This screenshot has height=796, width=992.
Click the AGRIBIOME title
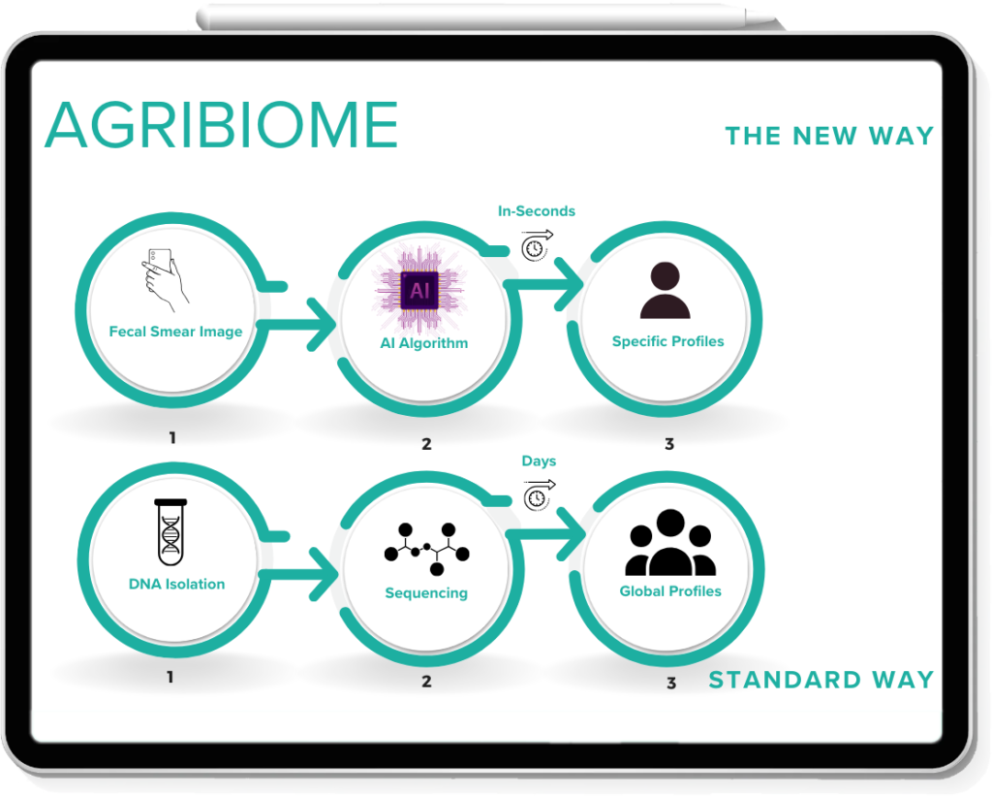(221, 124)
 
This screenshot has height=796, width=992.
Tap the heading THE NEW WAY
(828, 135)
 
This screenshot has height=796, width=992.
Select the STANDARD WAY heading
(821, 680)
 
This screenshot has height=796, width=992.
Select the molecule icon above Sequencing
(427, 547)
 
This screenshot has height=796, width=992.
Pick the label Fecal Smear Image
(175, 332)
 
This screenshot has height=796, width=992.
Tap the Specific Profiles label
(667, 341)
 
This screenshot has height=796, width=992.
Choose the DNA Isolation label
(176, 584)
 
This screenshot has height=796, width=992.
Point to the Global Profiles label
(670, 590)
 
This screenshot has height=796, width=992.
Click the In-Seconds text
(536, 211)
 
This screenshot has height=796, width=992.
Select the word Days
(539, 462)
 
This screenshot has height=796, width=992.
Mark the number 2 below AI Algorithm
(426, 445)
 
